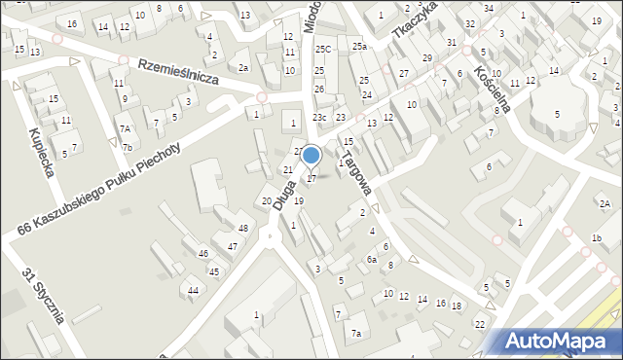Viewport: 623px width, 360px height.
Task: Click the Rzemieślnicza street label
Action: pos(177,75)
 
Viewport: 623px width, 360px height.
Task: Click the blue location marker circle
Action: pos(311,155)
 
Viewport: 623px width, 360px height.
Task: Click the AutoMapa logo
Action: pos(557,341)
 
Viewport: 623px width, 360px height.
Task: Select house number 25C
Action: pos(322,49)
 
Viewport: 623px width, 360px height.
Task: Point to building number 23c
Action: pos(319,118)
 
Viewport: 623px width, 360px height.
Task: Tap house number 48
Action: pos(243,229)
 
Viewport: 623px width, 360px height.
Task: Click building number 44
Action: pos(194,291)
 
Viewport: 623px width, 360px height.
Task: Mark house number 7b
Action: pos(128,148)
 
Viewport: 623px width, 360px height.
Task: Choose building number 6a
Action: pos(371,260)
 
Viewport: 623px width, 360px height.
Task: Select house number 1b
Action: pos(596,238)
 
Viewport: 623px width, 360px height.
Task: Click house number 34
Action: pos(488,8)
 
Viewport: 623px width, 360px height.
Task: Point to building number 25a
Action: pos(359,47)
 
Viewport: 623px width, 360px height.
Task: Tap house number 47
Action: pos(232,247)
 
